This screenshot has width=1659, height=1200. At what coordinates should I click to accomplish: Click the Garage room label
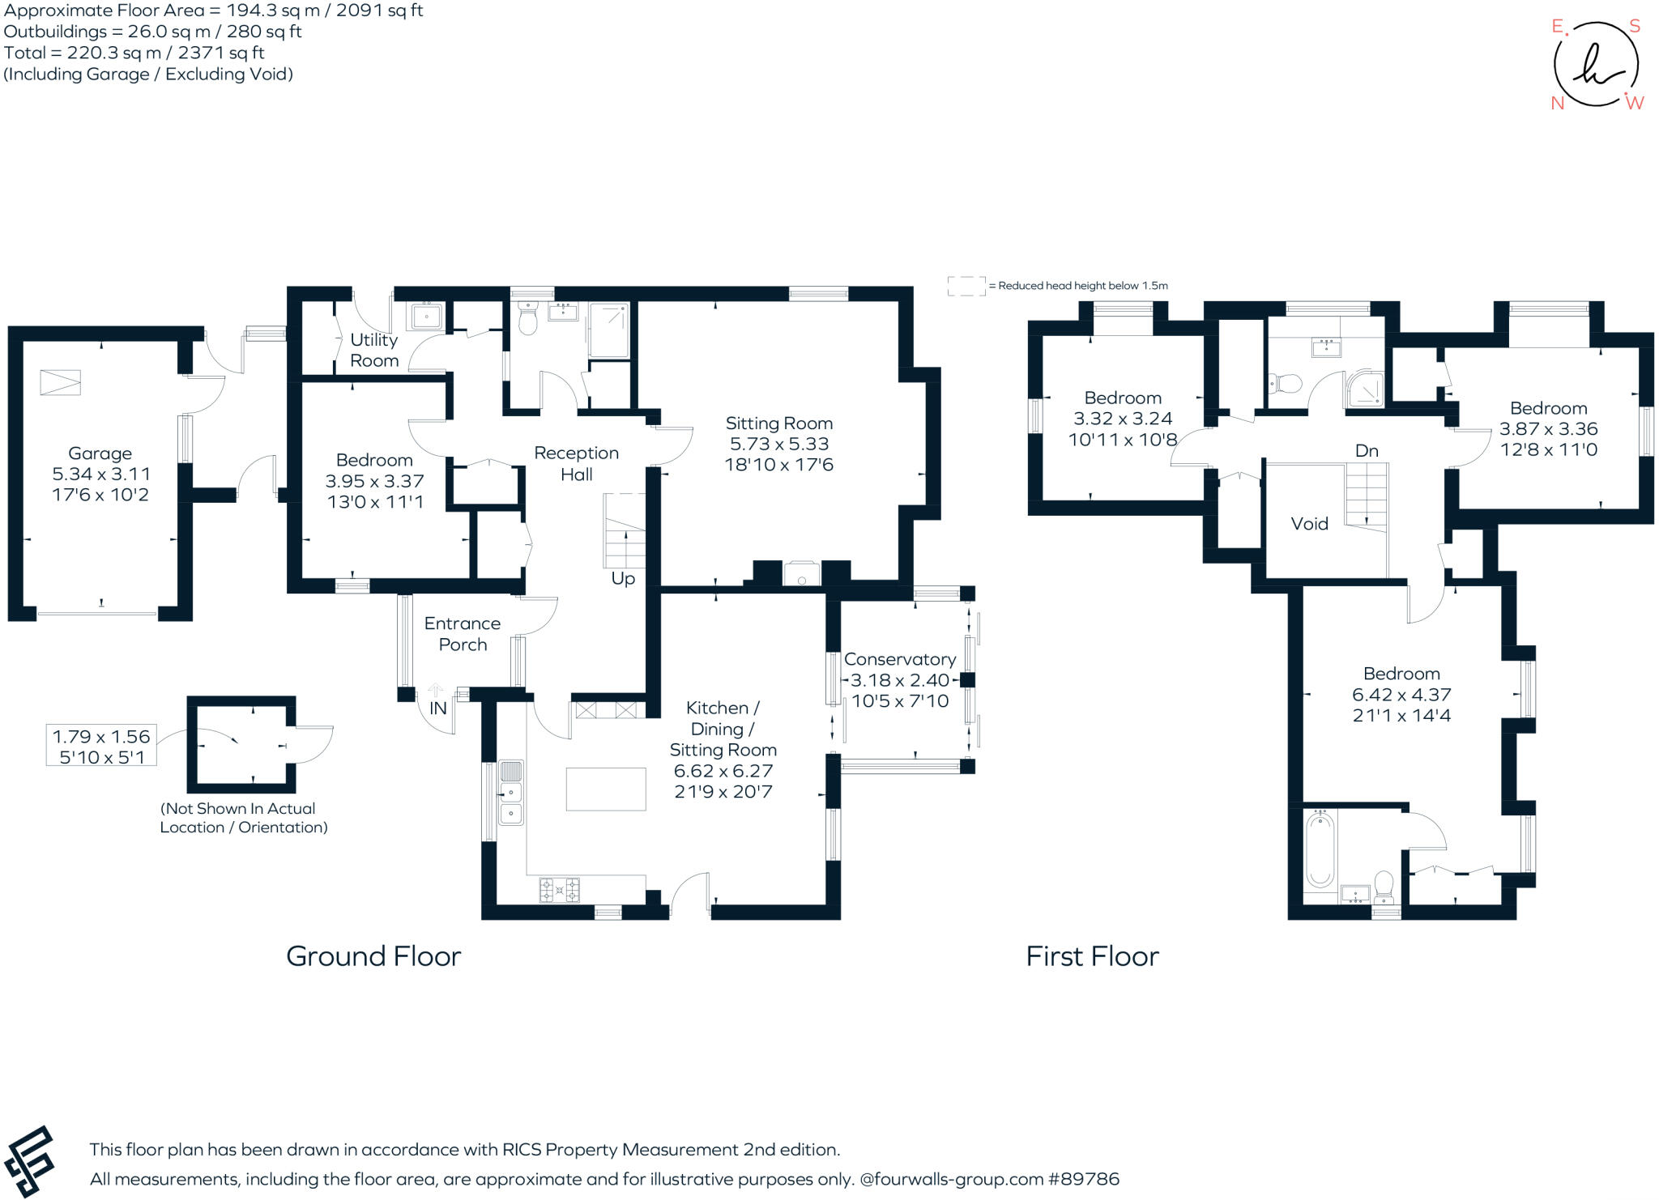click(100, 453)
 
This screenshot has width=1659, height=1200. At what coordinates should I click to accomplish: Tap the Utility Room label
click(373, 351)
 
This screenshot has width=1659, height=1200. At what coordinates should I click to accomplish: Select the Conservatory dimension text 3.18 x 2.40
click(899, 680)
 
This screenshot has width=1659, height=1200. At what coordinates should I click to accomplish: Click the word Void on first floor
click(1309, 524)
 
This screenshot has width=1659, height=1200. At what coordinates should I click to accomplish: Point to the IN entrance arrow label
click(437, 708)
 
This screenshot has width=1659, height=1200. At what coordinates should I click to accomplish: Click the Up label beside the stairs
click(623, 579)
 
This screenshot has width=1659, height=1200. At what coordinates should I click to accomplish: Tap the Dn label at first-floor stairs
click(1366, 451)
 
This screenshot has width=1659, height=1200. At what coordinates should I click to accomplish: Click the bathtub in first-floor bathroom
click(1320, 850)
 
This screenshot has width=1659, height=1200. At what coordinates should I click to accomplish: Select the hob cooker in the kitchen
click(559, 890)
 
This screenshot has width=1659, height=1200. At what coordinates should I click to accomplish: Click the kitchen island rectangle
click(605, 789)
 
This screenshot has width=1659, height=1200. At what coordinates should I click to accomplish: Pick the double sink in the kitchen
click(511, 793)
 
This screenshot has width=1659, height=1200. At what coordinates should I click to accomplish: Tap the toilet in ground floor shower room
click(527, 321)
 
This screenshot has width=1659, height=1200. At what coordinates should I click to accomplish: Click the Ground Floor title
click(373, 956)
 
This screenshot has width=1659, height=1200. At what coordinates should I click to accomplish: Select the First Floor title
click(1092, 956)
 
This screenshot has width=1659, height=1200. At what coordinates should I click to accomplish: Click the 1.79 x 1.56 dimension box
click(101, 746)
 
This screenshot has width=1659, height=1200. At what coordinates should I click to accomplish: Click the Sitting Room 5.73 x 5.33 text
click(778, 444)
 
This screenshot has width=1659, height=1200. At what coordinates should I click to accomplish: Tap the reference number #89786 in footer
click(1083, 1179)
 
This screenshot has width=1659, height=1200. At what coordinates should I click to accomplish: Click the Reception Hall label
click(576, 464)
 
